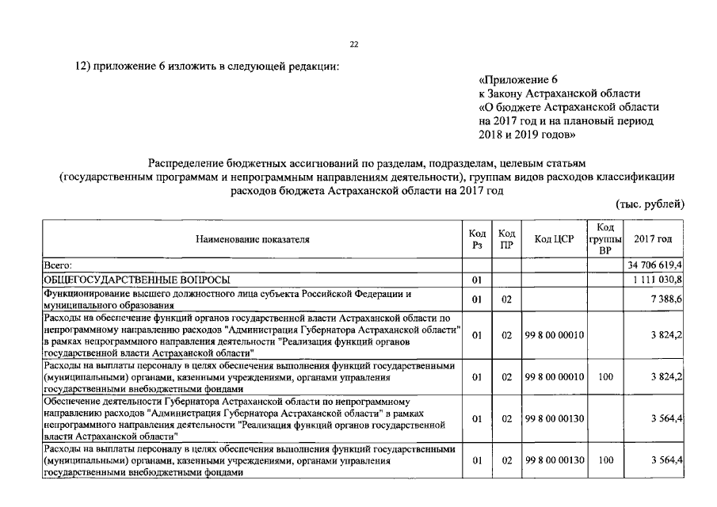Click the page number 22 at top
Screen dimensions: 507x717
(354, 44)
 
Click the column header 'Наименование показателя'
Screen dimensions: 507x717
(254, 238)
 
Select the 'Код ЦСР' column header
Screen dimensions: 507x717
(554, 238)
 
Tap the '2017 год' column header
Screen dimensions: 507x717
(654, 238)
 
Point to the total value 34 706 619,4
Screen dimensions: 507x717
(655, 264)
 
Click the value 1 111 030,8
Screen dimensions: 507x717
(658, 280)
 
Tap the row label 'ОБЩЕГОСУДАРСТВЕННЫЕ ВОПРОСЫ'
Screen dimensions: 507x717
(138, 280)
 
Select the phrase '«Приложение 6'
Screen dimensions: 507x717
(519, 79)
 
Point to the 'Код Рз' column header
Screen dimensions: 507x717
(477, 238)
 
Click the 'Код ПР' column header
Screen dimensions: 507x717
(506, 238)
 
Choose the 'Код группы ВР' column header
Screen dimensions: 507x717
(605, 238)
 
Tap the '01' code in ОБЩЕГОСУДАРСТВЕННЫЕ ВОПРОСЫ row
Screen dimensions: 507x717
(477, 280)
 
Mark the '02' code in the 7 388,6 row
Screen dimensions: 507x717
(506, 299)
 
